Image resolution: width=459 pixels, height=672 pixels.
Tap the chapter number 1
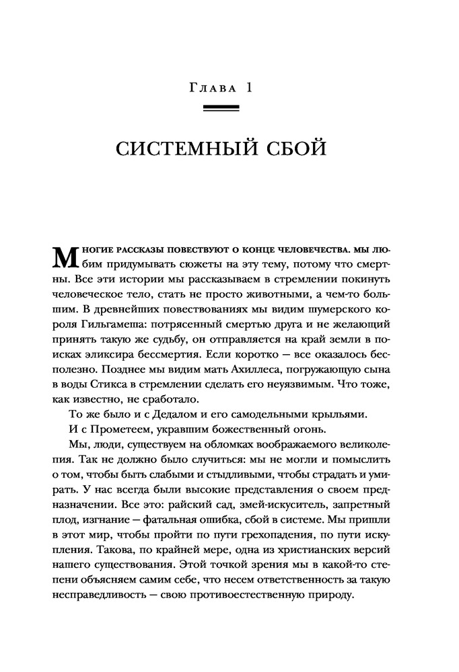pyautogui.click(x=247, y=88)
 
